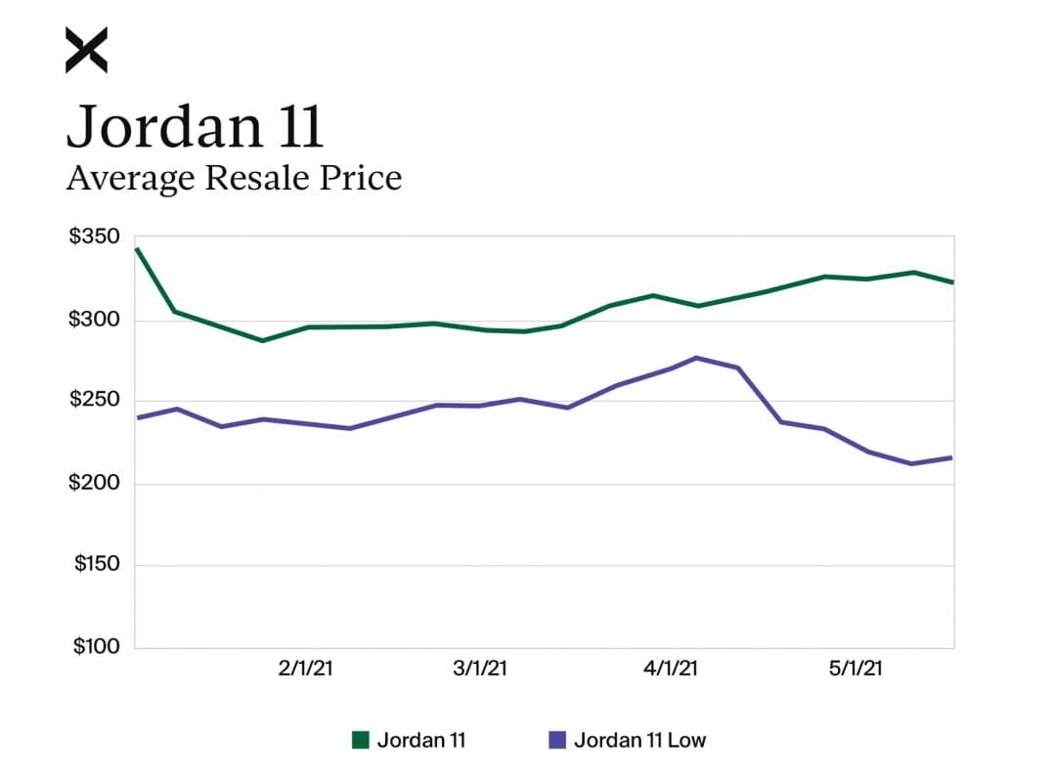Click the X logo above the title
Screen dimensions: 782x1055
click(86, 50)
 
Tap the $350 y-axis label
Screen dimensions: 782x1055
click(95, 238)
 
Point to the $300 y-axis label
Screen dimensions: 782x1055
click(95, 320)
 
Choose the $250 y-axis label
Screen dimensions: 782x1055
click(95, 401)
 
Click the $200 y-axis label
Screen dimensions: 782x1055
click(95, 483)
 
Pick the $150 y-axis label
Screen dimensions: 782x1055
click(95, 565)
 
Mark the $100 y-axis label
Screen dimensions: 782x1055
click(95, 646)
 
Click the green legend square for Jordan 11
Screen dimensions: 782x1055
click(361, 740)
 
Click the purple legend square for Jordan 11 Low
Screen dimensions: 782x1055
click(557, 740)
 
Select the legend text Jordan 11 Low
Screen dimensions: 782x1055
click(639, 740)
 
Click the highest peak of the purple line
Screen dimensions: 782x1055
click(696, 358)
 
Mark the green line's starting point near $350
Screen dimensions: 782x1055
click(136, 248)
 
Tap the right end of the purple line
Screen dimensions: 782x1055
click(951, 457)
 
